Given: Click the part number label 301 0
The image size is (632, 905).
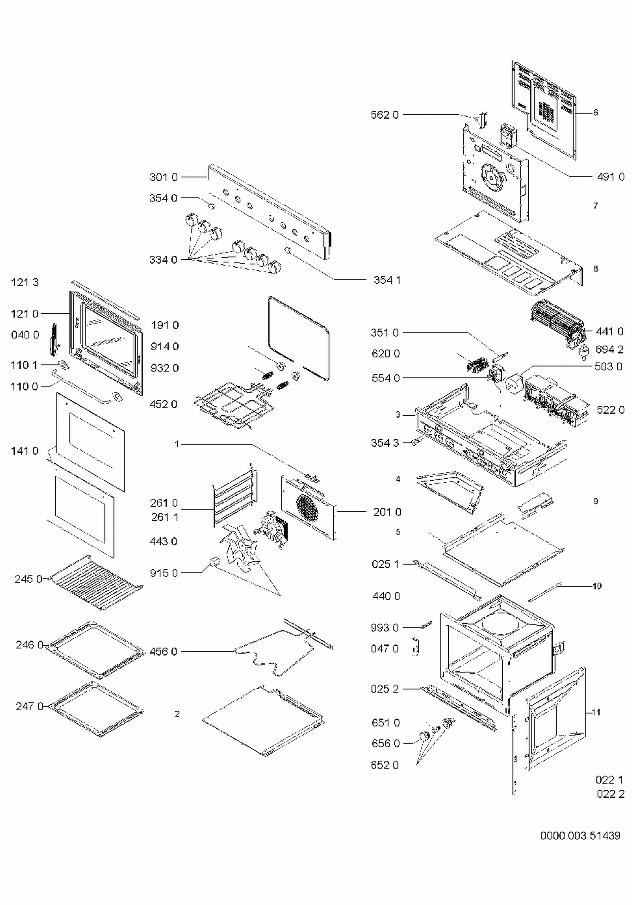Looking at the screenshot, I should click(163, 177).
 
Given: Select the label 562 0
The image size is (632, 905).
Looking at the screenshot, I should click(384, 115).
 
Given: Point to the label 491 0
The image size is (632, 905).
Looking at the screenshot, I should click(611, 177).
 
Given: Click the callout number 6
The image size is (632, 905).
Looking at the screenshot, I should click(595, 113).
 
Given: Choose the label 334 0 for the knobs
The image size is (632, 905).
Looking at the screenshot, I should click(163, 260).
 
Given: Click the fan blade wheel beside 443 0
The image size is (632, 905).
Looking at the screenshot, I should click(238, 547).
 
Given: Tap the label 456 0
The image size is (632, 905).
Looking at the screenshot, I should click(163, 652).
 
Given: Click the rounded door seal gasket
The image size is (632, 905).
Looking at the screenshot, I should click(299, 337).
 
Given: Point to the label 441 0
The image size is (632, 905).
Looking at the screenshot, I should click(609, 332).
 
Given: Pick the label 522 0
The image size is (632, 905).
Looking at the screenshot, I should click(611, 410).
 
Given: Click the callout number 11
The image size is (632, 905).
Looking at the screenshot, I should click(596, 712).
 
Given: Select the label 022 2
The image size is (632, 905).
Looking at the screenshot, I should click(611, 794).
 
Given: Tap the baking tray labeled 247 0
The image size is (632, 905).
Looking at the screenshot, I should click(96, 709).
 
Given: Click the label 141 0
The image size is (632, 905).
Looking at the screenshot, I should click(24, 451).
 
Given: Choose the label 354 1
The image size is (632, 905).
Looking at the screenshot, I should click(387, 280).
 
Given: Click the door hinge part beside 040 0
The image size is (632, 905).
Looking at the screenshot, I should click(53, 339).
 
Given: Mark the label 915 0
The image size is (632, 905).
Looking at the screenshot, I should click(164, 573).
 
